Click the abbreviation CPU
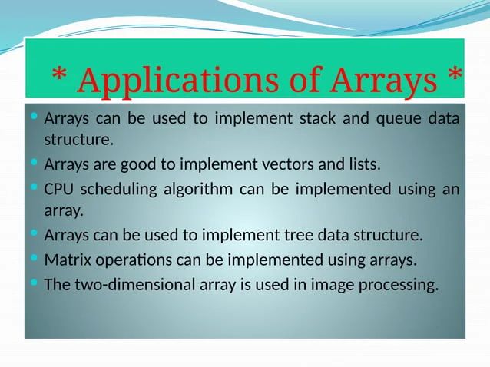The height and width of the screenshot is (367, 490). pos(58,188)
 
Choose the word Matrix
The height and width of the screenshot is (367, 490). pos(65,260)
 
